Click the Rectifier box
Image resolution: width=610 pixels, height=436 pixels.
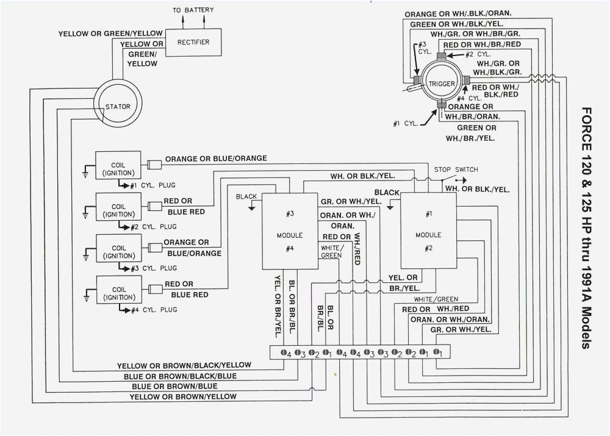tap(193, 42)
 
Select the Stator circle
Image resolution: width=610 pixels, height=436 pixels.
tap(118, 107)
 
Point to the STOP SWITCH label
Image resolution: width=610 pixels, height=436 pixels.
tap(456, 169)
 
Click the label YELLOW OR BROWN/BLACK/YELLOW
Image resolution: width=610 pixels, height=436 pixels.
tap(184, 365)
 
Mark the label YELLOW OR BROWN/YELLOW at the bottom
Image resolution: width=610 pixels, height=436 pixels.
tap(183, 396)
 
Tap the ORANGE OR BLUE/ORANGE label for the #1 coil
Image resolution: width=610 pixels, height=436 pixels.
tap(216, 158)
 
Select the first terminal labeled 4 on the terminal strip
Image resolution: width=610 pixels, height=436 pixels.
tap(284, 352)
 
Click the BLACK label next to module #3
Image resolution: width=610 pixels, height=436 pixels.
tap(247, 197)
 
